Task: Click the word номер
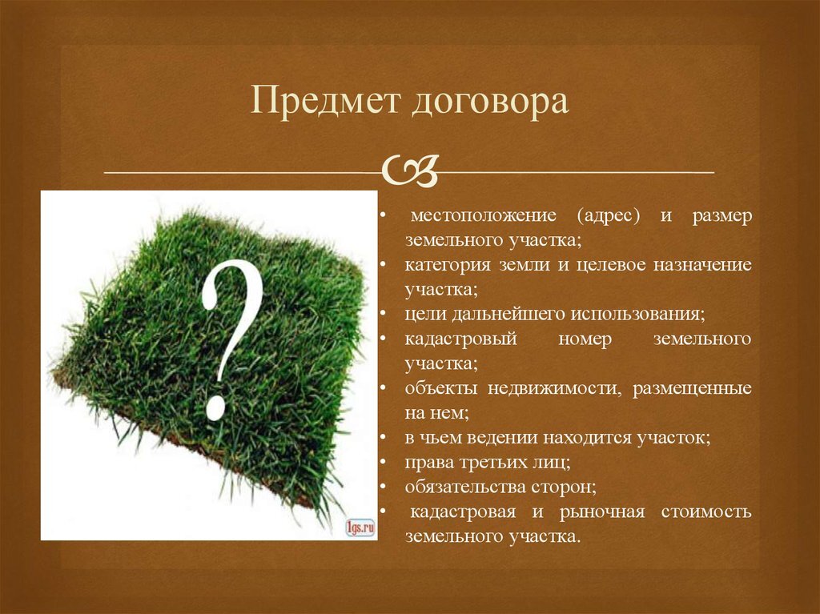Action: [x=585, y=339]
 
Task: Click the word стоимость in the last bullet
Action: [x=706, y=512]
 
